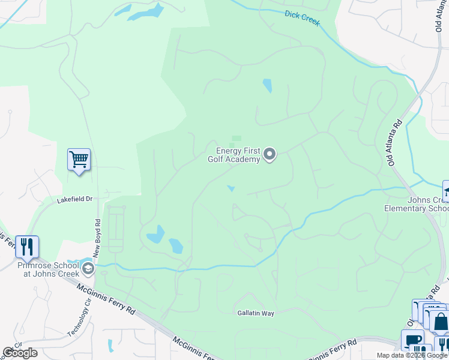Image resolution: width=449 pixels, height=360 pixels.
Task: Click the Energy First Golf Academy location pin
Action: point(270,155)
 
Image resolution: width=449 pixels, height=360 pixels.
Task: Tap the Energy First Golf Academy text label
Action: point(234,155)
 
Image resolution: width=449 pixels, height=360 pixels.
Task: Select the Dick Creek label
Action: point(303,18)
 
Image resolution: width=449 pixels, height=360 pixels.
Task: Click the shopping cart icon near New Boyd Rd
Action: point(79,160)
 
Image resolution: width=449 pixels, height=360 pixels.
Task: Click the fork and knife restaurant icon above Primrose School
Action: point(27,247)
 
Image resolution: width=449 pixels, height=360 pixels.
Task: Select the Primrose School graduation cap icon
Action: point(88,268)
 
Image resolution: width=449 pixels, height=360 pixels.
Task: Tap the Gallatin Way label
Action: point(255,313)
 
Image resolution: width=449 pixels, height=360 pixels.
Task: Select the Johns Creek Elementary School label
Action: point(416,204)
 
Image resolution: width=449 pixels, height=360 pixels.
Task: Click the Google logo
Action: point(20,353)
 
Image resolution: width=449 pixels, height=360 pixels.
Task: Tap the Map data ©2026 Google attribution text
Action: point(411,355)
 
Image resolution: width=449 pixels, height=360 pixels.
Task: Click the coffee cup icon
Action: point(412,340)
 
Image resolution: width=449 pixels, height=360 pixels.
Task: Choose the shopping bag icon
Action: point(441,322)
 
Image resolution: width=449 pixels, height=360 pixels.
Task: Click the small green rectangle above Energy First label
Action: point(237,138)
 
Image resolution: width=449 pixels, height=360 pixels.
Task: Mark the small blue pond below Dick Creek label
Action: point(267,86)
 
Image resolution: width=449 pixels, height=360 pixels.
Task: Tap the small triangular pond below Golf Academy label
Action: point(231,189)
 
